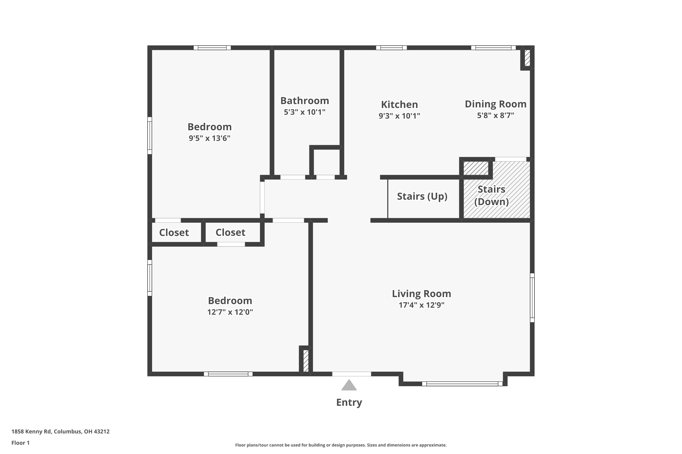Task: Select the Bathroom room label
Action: click(x=304, y=101)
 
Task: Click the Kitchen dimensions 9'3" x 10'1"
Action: click(x=399, y=116)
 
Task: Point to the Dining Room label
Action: click(x=495, y=104)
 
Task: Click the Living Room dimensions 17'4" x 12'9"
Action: click(x=421, y=305)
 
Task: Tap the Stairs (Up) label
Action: click(x=422, y=196)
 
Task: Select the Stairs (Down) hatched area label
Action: click(x=491, y=195)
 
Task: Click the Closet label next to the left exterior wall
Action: click(x=174, y=232)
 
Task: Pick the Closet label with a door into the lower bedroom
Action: click(x=230, y=232)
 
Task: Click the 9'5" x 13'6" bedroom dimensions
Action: click(x=209, y=138)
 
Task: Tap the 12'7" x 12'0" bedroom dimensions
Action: click(x=230, y=312)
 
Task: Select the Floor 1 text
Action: click(x=20, y=443)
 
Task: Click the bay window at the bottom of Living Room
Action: click(x=462, y=384)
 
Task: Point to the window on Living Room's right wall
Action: click(x=532, y=298)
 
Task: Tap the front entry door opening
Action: click(x=351, y=374)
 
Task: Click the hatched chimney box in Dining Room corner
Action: click(x=527, y=58)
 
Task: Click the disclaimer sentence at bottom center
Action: click(x=341, y=445)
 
